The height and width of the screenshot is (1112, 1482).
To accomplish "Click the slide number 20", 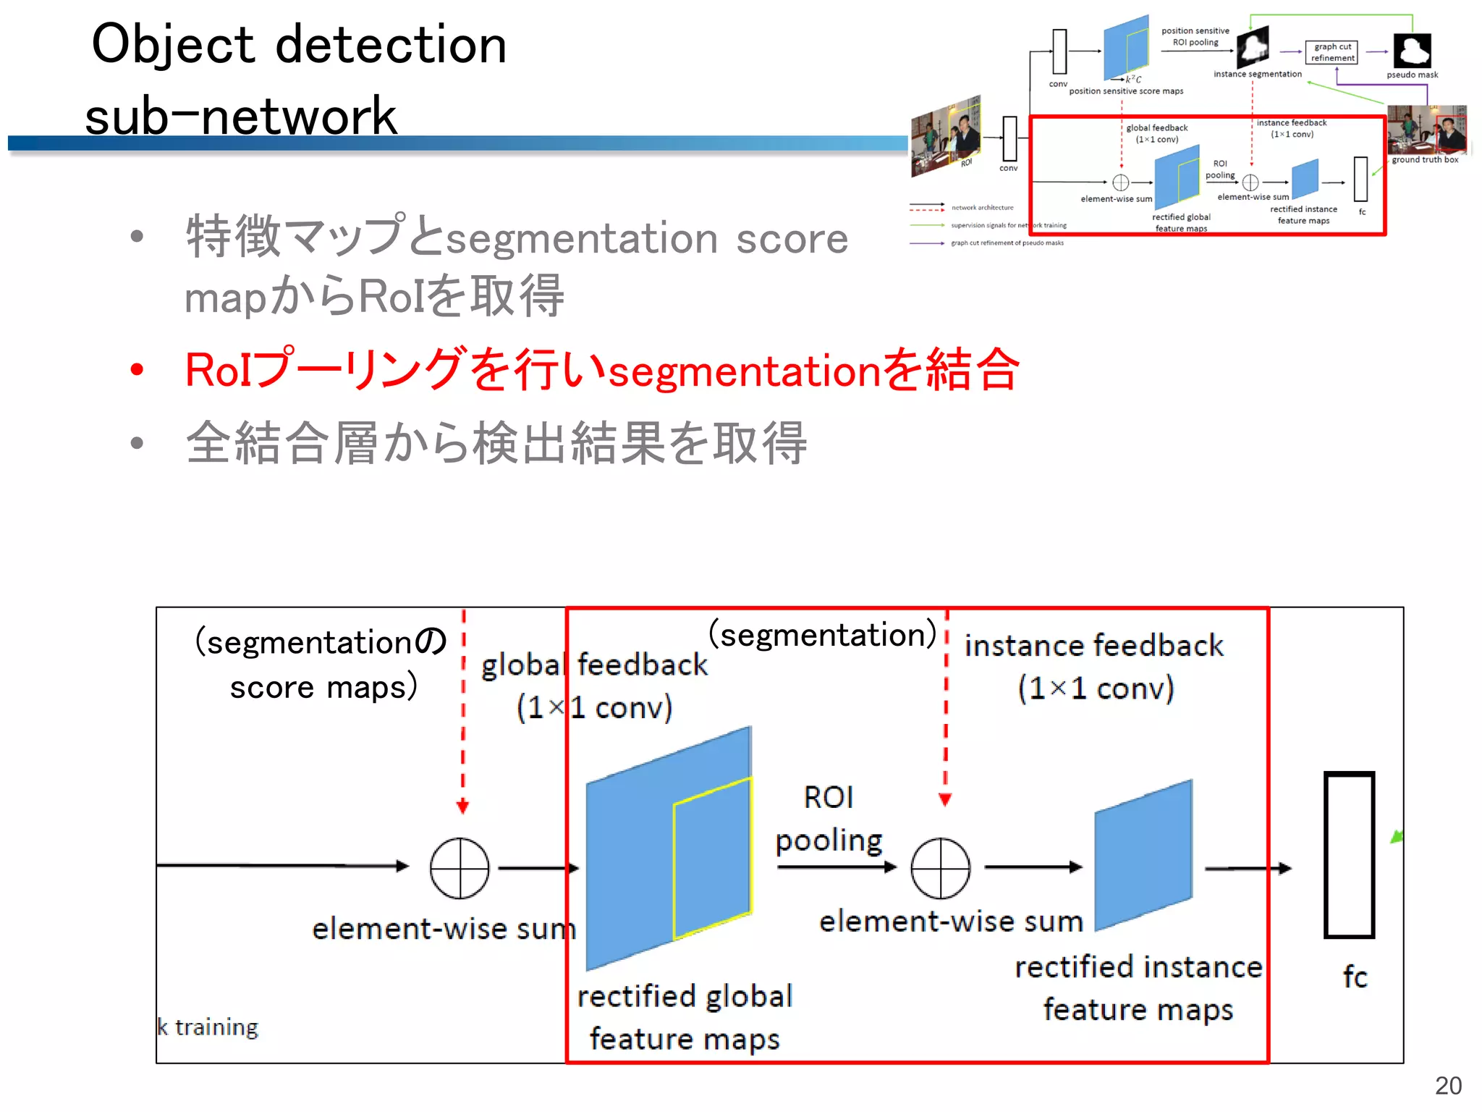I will (1448, 1085).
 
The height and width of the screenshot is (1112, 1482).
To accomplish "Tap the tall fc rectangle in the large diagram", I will (1349, 855).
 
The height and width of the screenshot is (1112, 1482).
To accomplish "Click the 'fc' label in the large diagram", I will (1355, 977).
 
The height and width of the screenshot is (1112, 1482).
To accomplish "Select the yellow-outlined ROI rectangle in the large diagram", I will (712, 858).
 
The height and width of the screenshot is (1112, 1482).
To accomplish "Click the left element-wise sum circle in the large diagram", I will (460, 868).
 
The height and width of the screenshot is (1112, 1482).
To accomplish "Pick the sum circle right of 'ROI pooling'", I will (940, 868).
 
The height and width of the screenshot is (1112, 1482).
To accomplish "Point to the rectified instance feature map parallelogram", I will (1143, 855).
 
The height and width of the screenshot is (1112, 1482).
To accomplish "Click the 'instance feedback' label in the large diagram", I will (1094, 646).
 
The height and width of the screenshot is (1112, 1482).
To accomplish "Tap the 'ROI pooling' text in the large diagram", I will (829, 819).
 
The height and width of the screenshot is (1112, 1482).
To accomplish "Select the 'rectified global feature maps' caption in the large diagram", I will (685, 1017).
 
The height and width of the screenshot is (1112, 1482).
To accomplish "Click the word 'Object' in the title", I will (173, 44).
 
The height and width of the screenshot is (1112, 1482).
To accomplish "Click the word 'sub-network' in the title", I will (241, 116).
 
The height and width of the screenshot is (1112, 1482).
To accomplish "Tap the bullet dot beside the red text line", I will (137, 370).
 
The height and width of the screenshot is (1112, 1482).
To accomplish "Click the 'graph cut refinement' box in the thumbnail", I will (1332, 52).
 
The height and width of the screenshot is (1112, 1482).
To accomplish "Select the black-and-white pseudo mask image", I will (1412, 51).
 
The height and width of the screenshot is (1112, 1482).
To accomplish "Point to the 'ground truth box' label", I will (1425, 160).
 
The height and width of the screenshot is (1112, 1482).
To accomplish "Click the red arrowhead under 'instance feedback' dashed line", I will (945, 799).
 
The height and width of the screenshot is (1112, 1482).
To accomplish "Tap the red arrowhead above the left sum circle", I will (463, 806).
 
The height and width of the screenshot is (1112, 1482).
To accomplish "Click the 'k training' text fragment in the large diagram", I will (208, 1027).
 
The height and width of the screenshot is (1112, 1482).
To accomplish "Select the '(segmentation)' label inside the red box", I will (823, 635).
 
